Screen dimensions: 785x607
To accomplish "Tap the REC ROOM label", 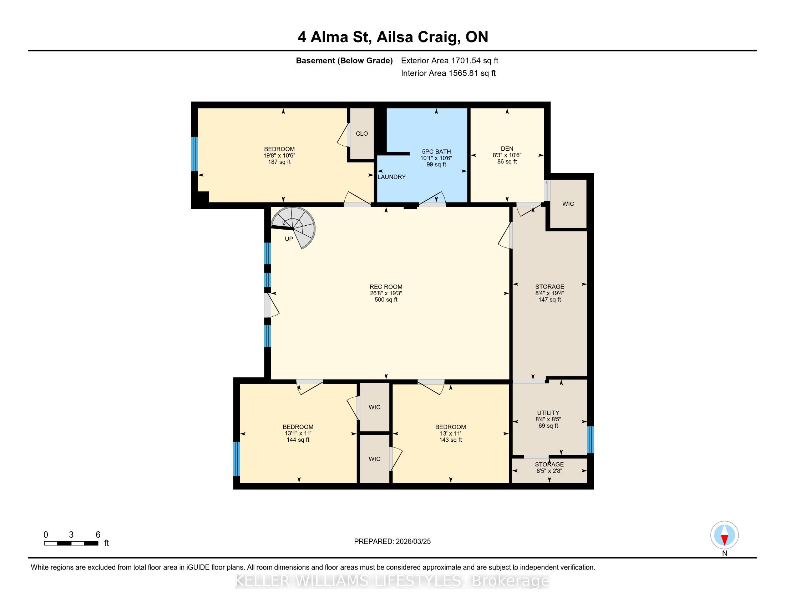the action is [386, 287].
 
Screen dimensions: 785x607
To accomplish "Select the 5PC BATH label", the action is [436, 152].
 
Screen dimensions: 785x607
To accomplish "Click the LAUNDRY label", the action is [391, 177].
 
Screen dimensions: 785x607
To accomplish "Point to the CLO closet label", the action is [361, 134].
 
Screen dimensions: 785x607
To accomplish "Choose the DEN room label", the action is [507, 149].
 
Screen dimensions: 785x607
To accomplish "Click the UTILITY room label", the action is [548, 413].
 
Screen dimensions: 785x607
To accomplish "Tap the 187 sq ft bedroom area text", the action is [279, 162].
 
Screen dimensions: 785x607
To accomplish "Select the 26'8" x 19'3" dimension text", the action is [386, 293].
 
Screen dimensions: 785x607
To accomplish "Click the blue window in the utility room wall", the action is [590, 440].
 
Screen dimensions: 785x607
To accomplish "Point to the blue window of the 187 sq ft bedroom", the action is [194, 154].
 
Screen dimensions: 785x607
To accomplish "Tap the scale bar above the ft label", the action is [71, 543].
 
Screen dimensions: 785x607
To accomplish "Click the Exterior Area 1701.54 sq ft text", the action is [449, 61].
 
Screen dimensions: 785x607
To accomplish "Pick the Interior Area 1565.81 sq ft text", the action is [448, 73].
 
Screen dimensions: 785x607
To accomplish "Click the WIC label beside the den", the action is [568, 204].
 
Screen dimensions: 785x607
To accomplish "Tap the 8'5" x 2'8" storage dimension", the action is [549, 471].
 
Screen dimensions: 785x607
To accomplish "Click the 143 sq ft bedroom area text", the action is [450, 440].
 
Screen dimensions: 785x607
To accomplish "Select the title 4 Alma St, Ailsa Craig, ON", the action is [392, 37].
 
